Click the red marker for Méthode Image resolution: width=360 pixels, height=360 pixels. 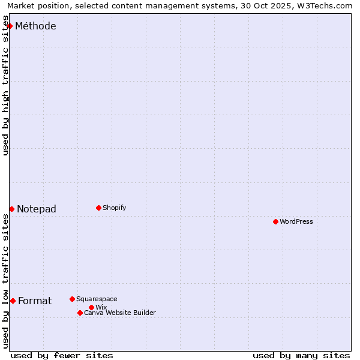coord(10,26)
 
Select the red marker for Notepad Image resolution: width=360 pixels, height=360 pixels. coord(11,209)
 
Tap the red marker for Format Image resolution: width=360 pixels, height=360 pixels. coord(13,301)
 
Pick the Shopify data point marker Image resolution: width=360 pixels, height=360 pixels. coord(98,208)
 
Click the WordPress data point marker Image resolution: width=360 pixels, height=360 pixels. coord(275,221)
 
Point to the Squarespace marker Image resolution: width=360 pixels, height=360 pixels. coord(72,299)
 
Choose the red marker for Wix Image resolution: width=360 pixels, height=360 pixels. coord(91,307)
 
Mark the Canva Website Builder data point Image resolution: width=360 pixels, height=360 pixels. coord(80,313)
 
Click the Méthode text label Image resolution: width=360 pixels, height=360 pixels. coord(35,26)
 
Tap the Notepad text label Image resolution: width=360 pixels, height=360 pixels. coord(37,209)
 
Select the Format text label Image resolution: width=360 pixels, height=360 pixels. coord(35,301)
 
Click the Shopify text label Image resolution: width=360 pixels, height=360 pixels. coord(114,208)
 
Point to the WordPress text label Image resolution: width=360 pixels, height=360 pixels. coord(296,221)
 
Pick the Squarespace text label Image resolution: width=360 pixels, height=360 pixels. coord(97,299)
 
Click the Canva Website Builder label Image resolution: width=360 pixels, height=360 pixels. coord(120,313)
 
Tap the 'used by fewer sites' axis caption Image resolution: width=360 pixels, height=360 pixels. coord(62,355)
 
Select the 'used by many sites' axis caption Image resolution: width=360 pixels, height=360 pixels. coord(301,355)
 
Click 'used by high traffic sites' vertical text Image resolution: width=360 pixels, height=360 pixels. coord(6,86)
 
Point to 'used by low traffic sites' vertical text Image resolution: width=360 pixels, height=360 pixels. coord(6,281)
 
